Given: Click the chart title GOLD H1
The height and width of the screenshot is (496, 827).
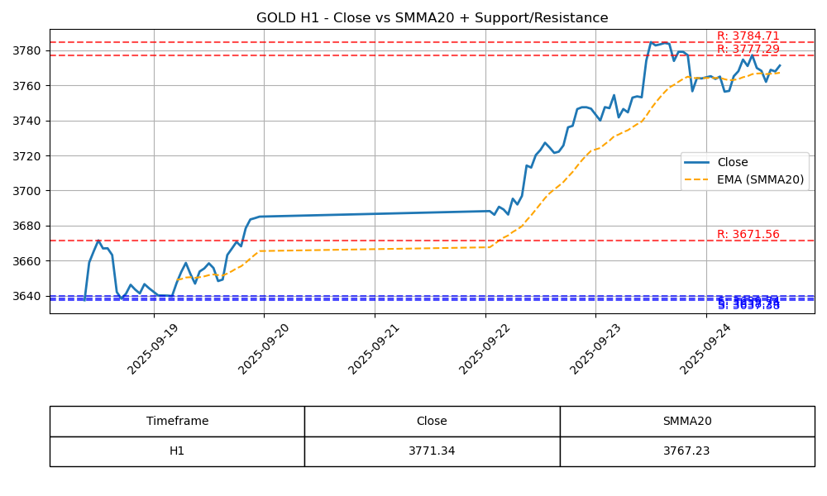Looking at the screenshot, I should pos(432,18).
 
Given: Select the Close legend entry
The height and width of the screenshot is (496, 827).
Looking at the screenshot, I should pos(733,163).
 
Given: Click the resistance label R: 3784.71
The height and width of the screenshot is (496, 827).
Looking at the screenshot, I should pos(748,36).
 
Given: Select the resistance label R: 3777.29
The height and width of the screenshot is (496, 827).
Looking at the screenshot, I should pos(748,50).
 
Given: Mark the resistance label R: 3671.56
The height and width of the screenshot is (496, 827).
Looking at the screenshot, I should pos(748,235).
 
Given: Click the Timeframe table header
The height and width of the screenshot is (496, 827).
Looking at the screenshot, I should pos(177,421).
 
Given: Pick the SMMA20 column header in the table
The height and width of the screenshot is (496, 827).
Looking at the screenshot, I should pos(686,421).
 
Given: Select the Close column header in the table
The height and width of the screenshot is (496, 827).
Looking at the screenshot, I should pos(432,421).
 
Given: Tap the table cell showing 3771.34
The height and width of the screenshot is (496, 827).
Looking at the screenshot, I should pos(432,451).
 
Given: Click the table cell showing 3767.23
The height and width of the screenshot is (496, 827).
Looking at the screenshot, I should pos(686,451).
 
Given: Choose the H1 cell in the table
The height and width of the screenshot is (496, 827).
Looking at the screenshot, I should pos(177,451).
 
